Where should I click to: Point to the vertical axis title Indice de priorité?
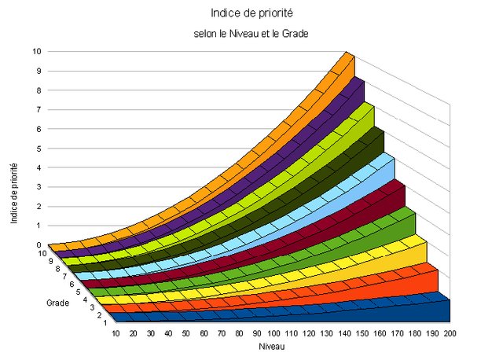click(x=15, y=193)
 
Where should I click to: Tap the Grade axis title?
click(x=57, y=302)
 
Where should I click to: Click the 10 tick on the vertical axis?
click(x=37, y=51)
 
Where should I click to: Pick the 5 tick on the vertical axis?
click(x=39, y=148)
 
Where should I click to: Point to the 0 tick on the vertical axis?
click(x=39, y=244)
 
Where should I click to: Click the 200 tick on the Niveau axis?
click(x=450, y=334)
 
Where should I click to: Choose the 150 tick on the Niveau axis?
click(x=362, y=334)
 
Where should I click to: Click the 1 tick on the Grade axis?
click(x=105, y=323)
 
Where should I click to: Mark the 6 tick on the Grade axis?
click(x=72, y=284)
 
